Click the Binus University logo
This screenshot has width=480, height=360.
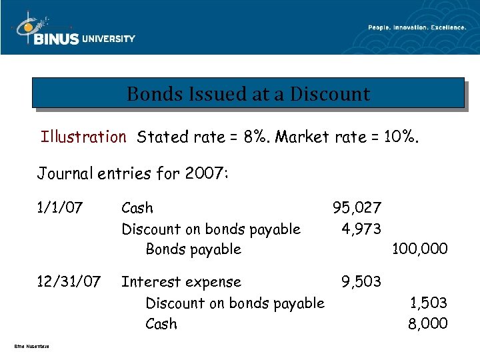point(73,31)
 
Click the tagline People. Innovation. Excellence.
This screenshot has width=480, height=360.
point(417,27)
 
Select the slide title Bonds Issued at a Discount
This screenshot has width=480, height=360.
point(248,94)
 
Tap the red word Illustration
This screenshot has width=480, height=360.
point(83,137)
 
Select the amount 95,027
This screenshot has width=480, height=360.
point(357,209)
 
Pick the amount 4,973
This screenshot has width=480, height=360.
point(361,229)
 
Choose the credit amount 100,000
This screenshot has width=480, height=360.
point(419,249)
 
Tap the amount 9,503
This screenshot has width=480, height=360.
point(361,283)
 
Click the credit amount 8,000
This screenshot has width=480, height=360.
point(427,324)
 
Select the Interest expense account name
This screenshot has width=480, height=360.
point(181,283)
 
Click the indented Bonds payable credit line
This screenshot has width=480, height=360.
point(193,249)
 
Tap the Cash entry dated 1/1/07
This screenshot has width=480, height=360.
point(137,209)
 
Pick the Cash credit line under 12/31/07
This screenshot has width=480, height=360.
point(161,324)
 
